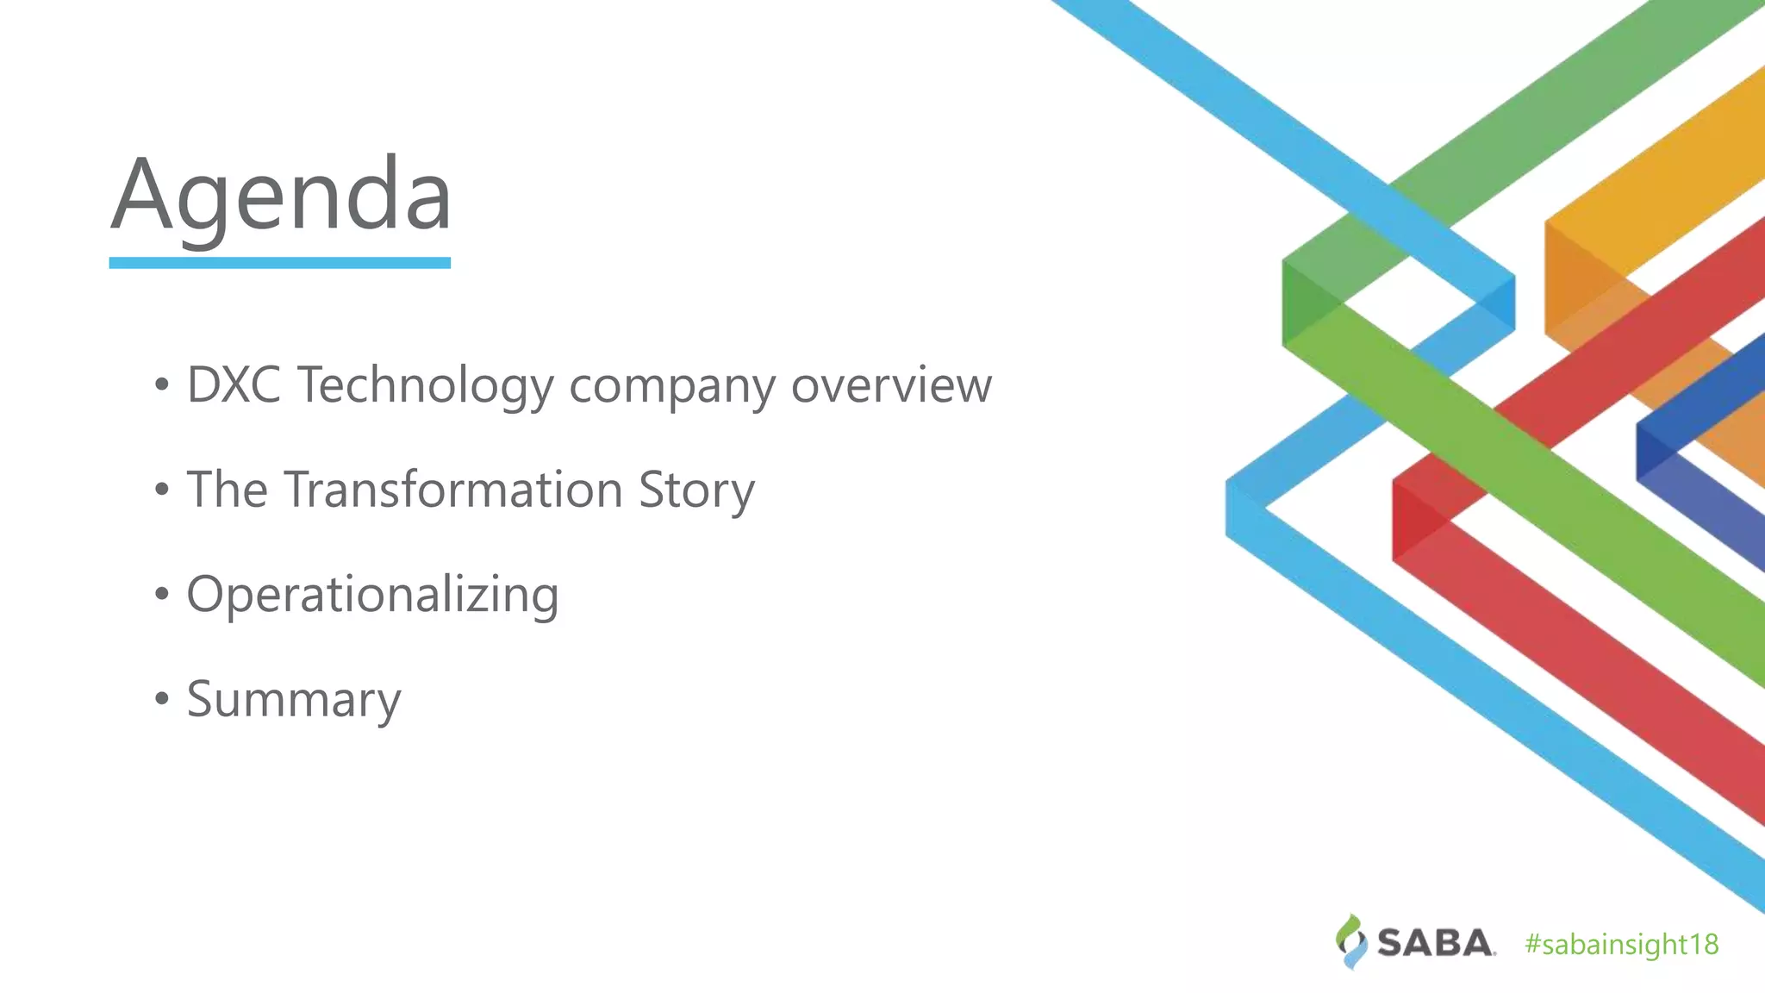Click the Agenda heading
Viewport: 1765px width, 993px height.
(x=281, y=195)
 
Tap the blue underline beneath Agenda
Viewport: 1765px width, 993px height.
(x=279, y=263)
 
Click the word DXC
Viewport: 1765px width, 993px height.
(x=234, y=384)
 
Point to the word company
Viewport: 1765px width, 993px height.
(x=672, y=386)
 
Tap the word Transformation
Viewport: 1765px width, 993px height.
(x=453, y=490)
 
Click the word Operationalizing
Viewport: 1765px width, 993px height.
(x=372, y=595)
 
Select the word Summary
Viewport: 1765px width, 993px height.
(x=294, y=699)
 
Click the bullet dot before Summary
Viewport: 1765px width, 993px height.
(x=162, y=698)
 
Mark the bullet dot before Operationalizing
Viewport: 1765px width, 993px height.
(x=162, y=594)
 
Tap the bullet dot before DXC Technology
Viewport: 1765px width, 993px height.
(x=162, y=385)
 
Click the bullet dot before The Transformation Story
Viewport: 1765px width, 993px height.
(x=162, y=490)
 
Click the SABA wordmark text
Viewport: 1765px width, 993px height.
(x=1435, y=943)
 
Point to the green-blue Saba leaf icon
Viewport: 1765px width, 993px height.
(x=1351, y=941)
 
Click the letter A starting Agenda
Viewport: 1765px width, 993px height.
(x=143, y=195)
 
